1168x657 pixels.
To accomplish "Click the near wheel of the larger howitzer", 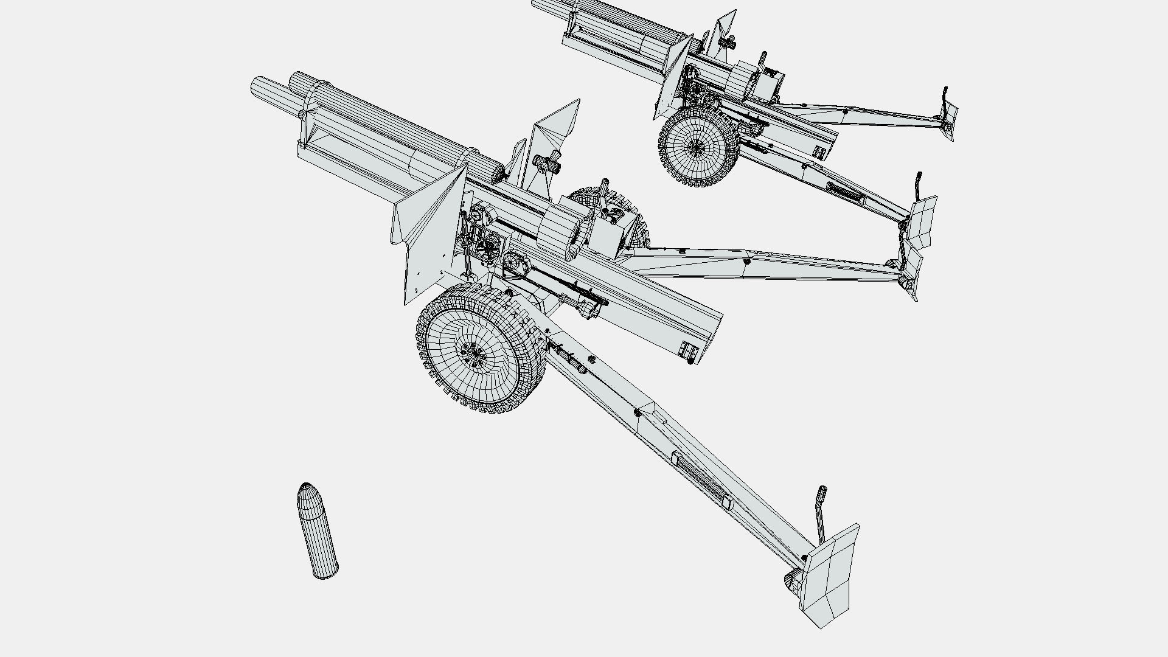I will tap(478, 349).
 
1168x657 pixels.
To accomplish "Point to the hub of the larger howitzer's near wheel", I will tap(473, 353).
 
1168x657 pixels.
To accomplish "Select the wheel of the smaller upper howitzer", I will tap(698, 146).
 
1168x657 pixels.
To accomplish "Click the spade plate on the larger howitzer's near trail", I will tap(830, 575).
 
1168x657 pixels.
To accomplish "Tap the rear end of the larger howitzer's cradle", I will tap(700, 341).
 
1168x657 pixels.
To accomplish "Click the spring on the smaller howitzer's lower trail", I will tap(844, 193).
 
